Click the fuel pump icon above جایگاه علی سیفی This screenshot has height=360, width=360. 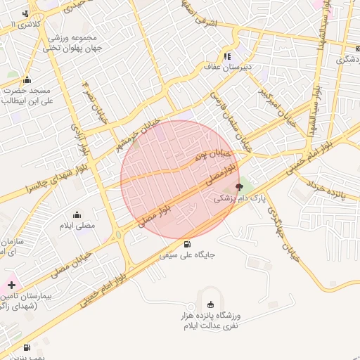pos(186,245)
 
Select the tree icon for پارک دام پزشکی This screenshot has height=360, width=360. pos(239,188)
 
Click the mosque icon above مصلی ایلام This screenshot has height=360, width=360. pos(77,215)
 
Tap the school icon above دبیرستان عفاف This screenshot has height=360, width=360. pos(227,56)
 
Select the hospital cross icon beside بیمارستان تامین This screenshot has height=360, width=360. pos(11,285)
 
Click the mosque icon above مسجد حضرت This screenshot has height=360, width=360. pos(27,79)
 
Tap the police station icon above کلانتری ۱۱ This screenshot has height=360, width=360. pos(26,13)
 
